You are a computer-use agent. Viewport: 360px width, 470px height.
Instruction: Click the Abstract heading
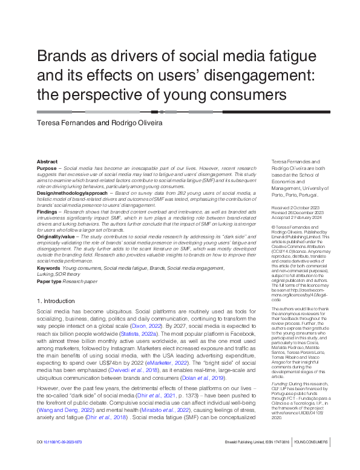(47, 162)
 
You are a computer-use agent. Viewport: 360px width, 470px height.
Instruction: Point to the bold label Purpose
(48, 169)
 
